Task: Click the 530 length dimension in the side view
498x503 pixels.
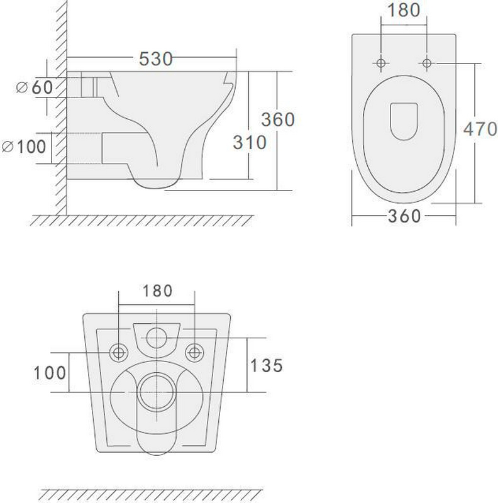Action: tap(156, 58)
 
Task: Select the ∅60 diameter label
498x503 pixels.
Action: tap(35, 87)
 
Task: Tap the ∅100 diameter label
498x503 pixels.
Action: tap(24, 146)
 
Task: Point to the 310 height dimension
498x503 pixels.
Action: tap(250, 143)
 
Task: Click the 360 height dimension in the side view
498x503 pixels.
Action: tap(278, 119)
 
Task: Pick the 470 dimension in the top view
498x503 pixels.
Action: tap(480, 129)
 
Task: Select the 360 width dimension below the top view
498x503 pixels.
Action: tap(404, 216)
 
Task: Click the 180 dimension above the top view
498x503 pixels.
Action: tap(404, 10)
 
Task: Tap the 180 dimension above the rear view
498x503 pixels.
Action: tap(157, 291)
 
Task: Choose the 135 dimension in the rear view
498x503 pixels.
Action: tap(267, 366)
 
